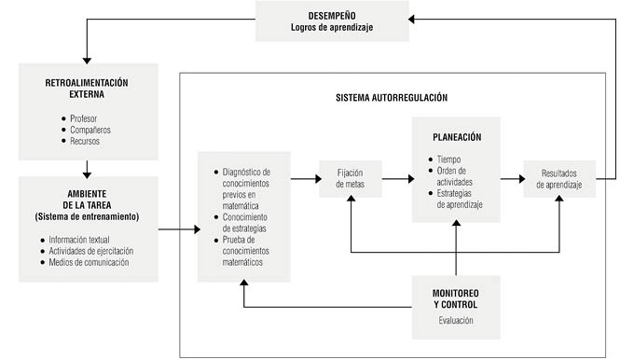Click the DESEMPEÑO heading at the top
pos(332,14)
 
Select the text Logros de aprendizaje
pos(332,27)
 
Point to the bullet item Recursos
pos(87,141)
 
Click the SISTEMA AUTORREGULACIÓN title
pos(392,97)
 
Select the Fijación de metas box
pos(350,177)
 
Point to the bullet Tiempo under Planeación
pos(450,159)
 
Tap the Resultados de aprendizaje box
pos(558,177)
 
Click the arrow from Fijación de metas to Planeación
pos(395,177)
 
